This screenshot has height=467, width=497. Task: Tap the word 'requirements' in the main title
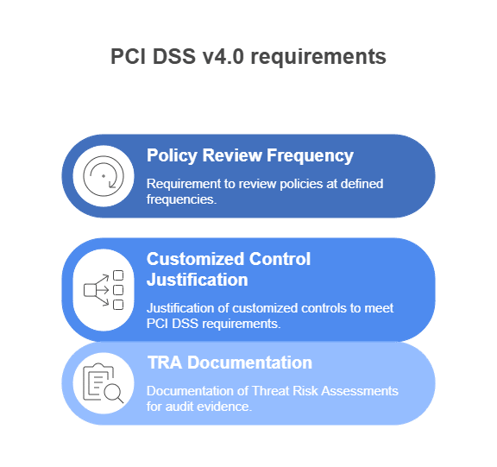coord(318,57)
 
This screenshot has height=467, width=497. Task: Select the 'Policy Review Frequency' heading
coord(249,156)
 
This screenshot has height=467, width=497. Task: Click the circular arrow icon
coord(104,176)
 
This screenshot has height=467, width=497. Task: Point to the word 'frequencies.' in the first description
coord(181,199)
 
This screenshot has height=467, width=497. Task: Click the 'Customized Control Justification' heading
coord(228,269)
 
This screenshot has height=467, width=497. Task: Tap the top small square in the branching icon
coord(118,275)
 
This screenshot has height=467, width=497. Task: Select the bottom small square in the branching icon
coord(118,305)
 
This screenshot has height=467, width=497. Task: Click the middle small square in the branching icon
coord(118,290)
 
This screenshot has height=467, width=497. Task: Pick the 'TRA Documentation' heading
coord(230,363)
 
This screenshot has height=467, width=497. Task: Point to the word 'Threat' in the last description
coord(271,391)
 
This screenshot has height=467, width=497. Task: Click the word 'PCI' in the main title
coord(128,56)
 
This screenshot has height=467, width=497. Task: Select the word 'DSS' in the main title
coord(174,56)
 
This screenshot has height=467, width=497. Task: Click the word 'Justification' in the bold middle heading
coord(197,280)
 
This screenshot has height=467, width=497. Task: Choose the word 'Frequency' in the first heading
coord(310,156)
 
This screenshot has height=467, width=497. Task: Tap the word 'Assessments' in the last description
coord(360,391)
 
